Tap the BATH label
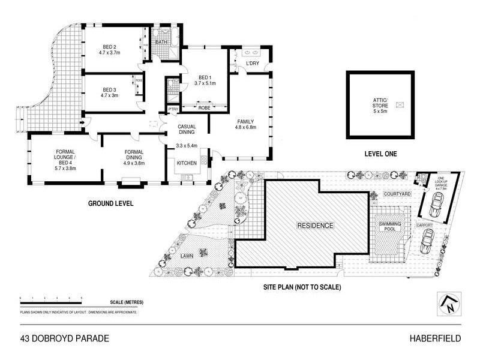161,43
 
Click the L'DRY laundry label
252,62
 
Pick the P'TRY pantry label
173,109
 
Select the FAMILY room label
245,121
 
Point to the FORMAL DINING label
134,155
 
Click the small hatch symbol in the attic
400,104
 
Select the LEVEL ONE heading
380,154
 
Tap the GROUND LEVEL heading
111,203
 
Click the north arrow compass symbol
449,302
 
